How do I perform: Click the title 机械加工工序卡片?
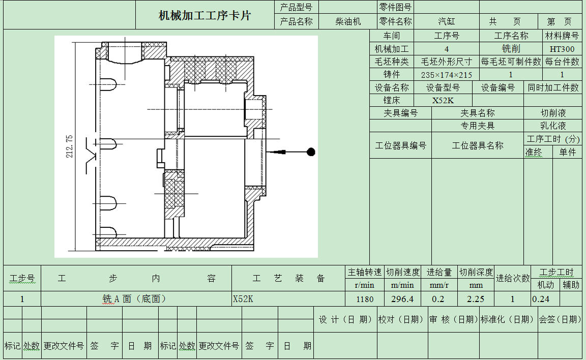pos(204,15)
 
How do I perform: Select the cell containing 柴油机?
pos(348,21)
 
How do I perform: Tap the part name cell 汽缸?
pos(446,21)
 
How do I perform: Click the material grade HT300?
pos(562,49)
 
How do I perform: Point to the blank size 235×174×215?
pos(447,75)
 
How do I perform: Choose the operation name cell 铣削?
pos(511,49)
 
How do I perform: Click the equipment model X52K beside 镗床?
pos(443,100)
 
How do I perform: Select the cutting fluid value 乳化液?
pos(553,126)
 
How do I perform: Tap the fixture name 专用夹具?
pos(477,126)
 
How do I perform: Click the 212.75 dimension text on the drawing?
pos(69,146)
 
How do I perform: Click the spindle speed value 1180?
pos(365,299)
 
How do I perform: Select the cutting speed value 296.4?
pos(402,299)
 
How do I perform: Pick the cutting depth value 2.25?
pos(476,299)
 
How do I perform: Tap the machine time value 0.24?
pos(541,299)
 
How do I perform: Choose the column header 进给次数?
pos(513,278)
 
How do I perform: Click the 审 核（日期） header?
pos(453,319)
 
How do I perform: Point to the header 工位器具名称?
pos(477,145)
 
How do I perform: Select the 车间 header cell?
pos(391,36)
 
